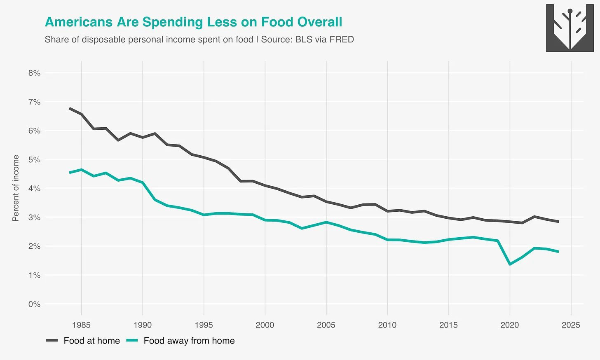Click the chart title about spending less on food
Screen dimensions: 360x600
(193, 22)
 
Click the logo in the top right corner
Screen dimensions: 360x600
(570, 28)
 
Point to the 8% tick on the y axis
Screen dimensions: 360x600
(34, 73)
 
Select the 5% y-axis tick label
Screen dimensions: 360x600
(34, 159)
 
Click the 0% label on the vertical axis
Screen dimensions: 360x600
(34, 304)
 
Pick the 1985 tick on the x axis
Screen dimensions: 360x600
(82, 325)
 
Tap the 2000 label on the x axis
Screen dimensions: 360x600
(265, 325)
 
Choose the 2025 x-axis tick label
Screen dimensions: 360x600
(571, 325)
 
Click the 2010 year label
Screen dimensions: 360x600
(387, 325)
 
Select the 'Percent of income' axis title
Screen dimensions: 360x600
(16, 188)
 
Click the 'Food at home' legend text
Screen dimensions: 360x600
(91, 341)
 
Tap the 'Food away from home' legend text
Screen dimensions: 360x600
(189, 341)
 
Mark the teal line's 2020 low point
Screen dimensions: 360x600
(510, 264)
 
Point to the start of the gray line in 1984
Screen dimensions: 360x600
(70, 108)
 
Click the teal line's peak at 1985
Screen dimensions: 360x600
(82, 170)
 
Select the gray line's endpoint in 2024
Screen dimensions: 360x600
(558, 222)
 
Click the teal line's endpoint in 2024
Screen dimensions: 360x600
(558, 252)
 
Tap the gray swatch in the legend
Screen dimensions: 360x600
(52, 341)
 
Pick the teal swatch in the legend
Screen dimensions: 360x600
(132, 341)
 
